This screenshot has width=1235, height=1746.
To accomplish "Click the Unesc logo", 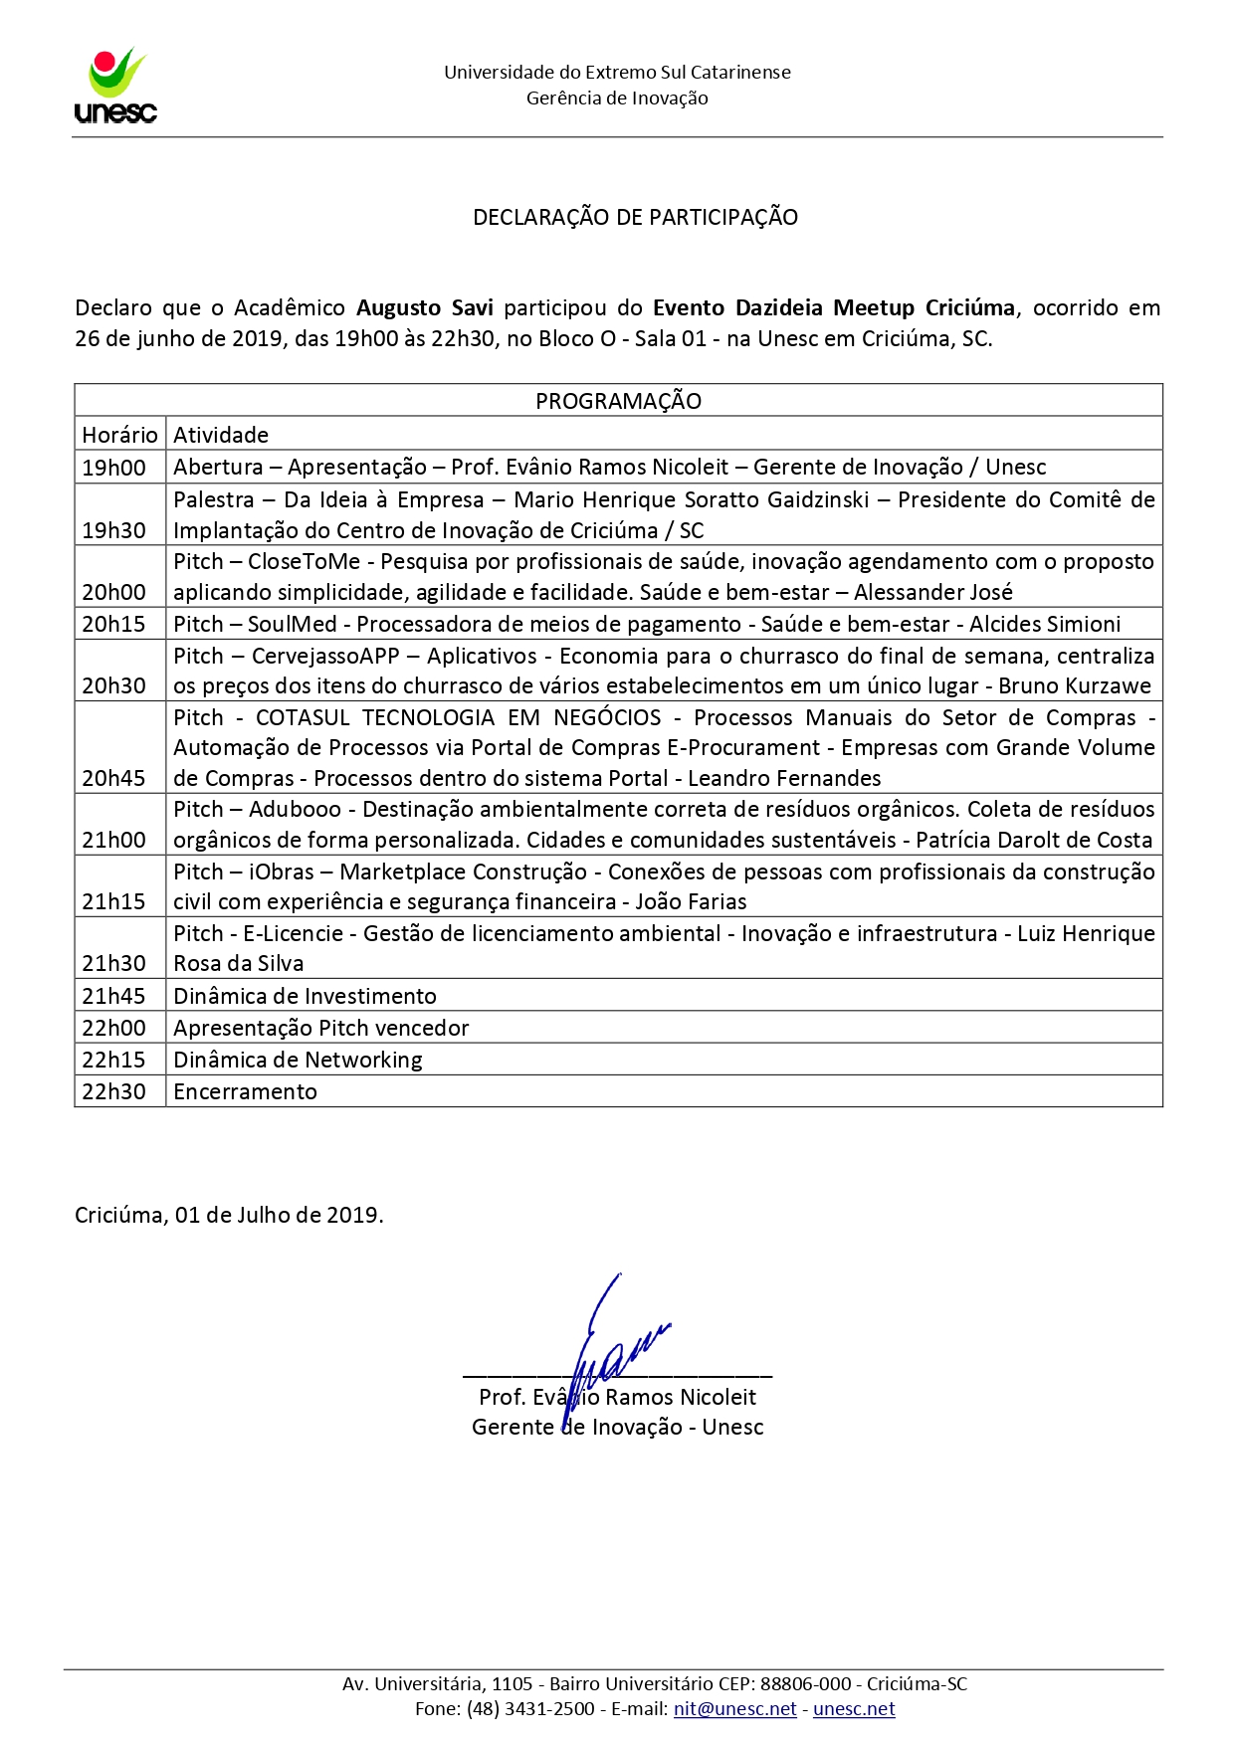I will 115,87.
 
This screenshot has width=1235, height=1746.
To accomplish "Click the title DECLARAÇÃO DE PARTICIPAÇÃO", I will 635,217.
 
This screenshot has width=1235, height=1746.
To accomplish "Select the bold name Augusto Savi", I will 424,307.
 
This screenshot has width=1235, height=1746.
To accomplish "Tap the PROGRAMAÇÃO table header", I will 618,401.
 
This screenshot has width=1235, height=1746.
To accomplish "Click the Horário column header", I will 119,435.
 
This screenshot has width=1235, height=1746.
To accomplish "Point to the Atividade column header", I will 221,435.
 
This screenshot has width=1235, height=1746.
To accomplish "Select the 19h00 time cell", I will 113,468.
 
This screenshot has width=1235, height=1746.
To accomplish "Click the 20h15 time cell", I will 113,624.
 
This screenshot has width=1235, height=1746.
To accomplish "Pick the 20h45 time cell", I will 113,778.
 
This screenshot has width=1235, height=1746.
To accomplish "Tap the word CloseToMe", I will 304,561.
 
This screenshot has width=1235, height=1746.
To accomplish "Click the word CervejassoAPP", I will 325,656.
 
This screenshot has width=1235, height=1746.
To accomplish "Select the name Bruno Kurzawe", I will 1075,685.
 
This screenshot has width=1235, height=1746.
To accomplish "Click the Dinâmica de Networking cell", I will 298,1060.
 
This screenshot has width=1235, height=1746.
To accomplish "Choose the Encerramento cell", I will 245,1091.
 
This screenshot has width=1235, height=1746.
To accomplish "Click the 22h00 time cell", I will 113,1028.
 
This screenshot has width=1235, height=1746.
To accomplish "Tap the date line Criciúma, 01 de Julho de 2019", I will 229,1215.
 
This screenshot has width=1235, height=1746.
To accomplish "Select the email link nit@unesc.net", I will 734,1709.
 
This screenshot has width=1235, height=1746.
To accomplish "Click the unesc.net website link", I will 854,1709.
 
